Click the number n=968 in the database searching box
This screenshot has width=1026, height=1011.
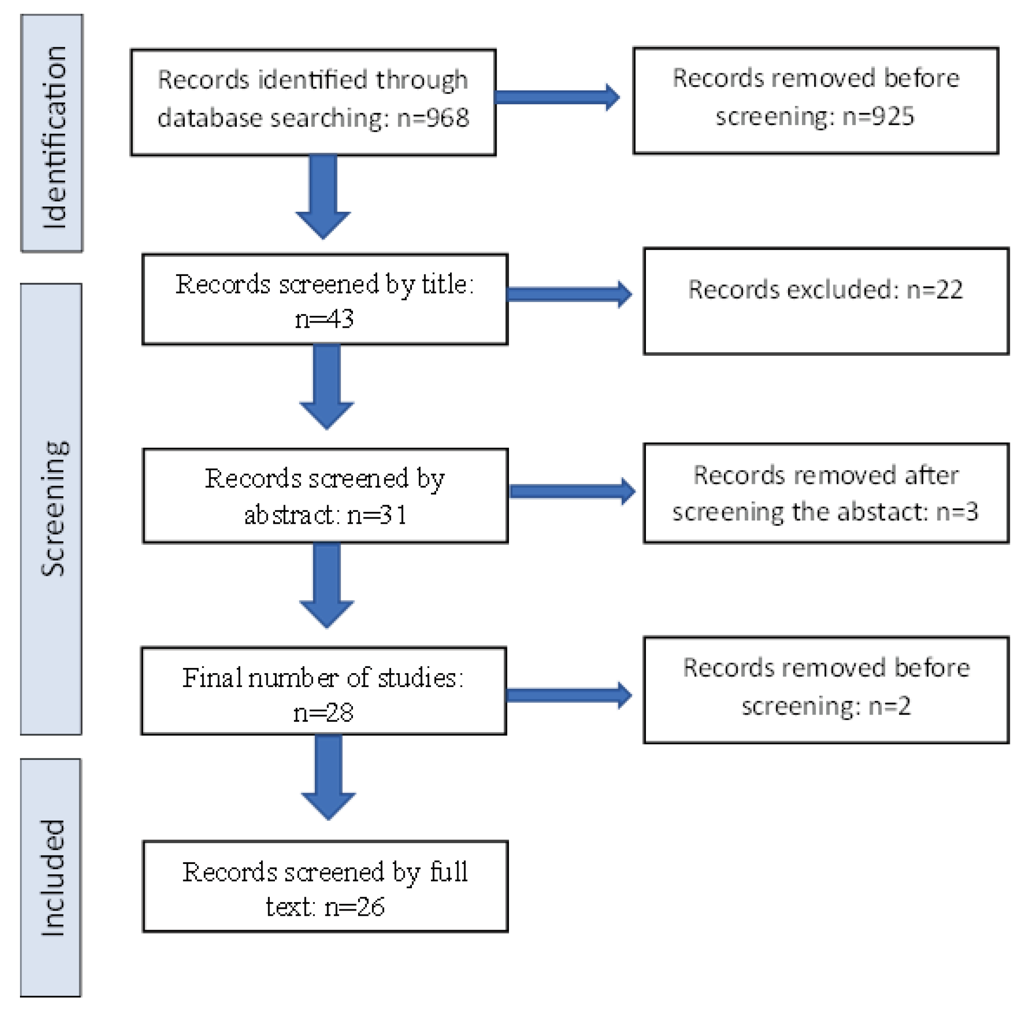[432, 118]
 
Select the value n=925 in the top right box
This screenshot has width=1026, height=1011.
[878, 116]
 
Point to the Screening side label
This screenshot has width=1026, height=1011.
[53, 509]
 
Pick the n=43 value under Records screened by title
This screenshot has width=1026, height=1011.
[324, 319]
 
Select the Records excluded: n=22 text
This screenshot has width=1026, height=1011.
[825, 290]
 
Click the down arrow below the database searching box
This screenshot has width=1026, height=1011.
[322, 196]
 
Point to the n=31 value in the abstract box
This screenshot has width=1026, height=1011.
[377, 514]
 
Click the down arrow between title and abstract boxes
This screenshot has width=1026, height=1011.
[326, 386]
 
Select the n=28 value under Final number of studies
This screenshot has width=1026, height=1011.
[323, 712]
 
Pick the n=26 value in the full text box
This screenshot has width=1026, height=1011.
[354, 907]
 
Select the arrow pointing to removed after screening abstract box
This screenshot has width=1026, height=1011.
[572, 491]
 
